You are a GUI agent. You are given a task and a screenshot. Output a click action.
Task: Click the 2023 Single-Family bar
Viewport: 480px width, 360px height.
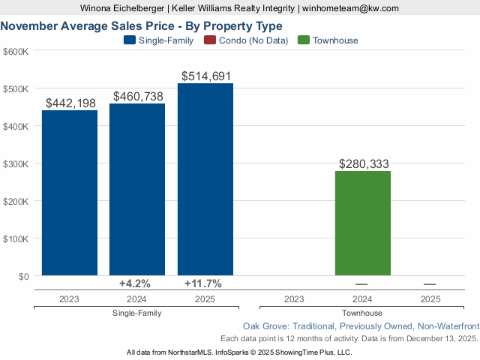(x=70, y=193)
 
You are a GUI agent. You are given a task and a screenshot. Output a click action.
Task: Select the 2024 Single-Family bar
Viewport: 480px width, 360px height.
(x=137, y=189)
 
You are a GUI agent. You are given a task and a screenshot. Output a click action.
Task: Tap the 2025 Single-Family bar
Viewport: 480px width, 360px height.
(x=205, y=179)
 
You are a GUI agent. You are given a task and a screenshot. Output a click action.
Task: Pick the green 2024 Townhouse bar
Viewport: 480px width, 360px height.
(x=363, y=223)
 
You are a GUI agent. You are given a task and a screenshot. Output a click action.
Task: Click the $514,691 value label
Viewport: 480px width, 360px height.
(x=206, y=76)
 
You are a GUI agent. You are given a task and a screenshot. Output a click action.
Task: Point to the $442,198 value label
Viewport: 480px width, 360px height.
(x=70, y=103)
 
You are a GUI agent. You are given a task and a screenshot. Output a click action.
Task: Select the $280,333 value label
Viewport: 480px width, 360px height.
(x=364, y=163)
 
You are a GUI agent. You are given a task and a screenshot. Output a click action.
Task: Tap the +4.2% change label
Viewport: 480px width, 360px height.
(x=135, y=283)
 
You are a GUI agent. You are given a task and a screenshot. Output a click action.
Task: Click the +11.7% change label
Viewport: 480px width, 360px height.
(x=202, y=283)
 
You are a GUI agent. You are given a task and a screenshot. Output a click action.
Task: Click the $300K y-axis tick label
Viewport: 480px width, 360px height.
(x=16, y=163)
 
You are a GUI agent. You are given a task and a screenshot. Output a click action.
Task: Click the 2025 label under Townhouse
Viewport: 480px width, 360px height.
(x=430, y=298)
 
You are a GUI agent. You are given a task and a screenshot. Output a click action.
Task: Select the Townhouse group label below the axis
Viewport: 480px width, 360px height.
(x=361, y=313)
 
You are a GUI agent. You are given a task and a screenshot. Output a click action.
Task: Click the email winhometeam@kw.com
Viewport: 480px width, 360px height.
(x=351, y=7)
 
